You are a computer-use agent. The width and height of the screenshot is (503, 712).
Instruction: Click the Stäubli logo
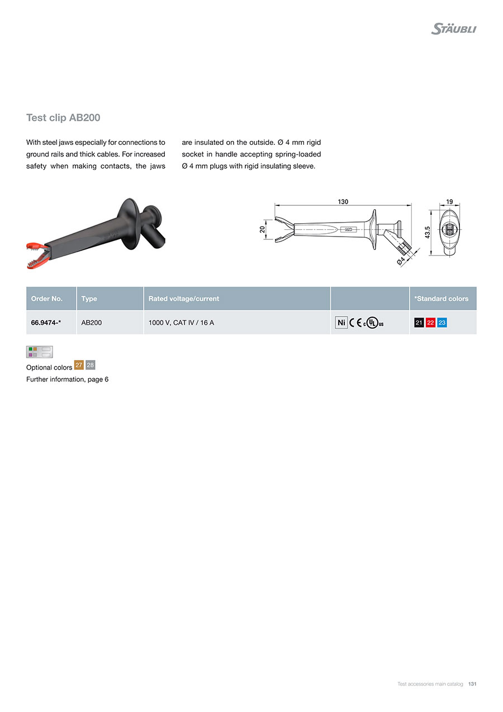(x=453, y=28)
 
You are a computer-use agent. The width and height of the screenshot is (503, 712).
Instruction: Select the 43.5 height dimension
(x=428, y=232)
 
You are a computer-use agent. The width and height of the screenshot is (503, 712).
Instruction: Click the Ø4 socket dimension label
(x=401, y=260)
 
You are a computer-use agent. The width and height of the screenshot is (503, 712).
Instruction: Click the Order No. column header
(x=47, y=299)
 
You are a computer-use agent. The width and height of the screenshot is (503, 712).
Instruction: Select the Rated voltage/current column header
(x=184, y=299)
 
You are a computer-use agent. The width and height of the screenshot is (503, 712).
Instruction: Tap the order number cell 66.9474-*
(x=46, y=323)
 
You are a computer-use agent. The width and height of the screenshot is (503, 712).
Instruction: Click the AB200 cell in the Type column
(x=92, y=323)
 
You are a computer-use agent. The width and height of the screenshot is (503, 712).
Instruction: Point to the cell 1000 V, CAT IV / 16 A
(x=181, y=323)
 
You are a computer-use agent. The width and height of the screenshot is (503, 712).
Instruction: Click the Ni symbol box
(x=341, y=323)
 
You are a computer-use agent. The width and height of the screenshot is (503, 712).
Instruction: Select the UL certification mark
(x=373, y=323)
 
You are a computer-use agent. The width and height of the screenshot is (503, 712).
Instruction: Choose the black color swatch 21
(x=419, y=323)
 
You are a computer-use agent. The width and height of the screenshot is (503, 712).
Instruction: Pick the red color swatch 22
(x=430, y=323)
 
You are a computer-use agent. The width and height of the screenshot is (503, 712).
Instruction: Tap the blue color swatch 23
(x=442, y=323)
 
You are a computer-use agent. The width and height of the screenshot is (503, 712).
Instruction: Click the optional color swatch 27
(x=79, y=365)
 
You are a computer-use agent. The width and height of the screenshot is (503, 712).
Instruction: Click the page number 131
(x=472, y=683)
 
